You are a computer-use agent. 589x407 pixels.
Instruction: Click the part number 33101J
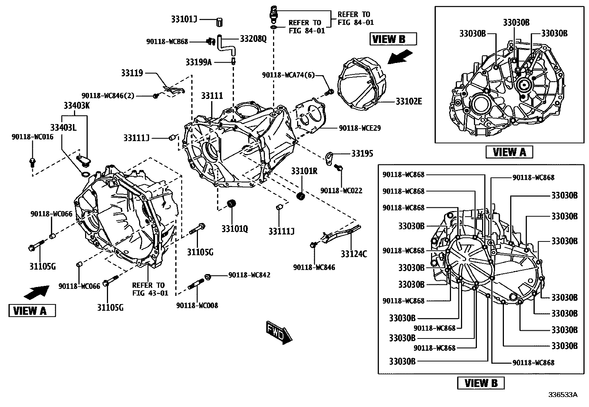[x=184, y=19]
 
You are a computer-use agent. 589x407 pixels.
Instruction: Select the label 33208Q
[x=253, y=39]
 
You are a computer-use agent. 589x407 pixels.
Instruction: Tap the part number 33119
[x=132, y=73]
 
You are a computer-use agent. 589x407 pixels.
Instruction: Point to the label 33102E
[x=409, y=101]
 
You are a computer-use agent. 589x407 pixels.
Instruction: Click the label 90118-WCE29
[x=360, y=128]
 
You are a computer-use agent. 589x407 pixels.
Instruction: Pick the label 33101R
[x=304, y=171]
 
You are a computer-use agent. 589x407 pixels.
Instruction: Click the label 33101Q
[x=235, y=229]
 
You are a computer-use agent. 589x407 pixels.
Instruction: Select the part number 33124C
[x=354, y=254]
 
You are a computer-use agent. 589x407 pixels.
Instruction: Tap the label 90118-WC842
[x=249, y=275]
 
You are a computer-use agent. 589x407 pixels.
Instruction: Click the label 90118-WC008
[x=197, y=306]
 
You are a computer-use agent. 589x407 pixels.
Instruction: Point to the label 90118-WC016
[x=32, y=137]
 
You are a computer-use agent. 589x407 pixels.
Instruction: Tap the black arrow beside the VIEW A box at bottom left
[x=36, y=292]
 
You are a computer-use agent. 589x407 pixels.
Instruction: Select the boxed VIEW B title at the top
[x=393, y=39]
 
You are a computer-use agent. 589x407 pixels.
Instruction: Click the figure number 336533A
[x=562, y=394]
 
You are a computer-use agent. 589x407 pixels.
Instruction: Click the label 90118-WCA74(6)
[x=288, y=75]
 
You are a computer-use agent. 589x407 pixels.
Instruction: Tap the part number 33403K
[x=76, y=106]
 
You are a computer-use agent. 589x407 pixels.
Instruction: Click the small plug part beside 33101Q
[x=232, y=203]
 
